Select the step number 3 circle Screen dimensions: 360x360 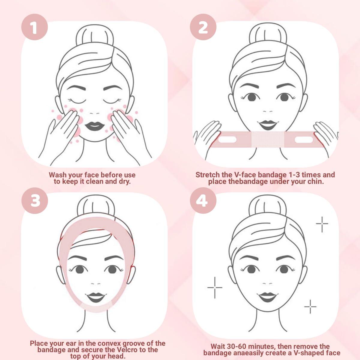35,200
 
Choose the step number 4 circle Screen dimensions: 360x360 202,200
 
